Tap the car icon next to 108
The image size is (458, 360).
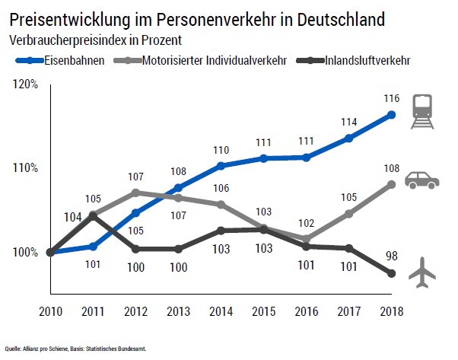(x=422, y=180)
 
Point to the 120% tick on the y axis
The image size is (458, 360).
(x=26, y=84)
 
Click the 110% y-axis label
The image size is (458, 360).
(x=26, y=168)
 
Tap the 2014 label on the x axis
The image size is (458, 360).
(x=220, y=312)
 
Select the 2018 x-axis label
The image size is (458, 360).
(x=392, y=312)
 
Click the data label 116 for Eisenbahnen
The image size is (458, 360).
(x=391, y=98)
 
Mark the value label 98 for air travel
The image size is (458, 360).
(x=391, y=256)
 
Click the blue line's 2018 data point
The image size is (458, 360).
(x=392, y=115)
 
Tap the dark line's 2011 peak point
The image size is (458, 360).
(x=93, y=215)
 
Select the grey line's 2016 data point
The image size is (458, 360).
(x=306, y=239)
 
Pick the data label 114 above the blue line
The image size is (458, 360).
(x=348, y=122)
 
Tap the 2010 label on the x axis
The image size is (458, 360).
(x=49, y=312)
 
